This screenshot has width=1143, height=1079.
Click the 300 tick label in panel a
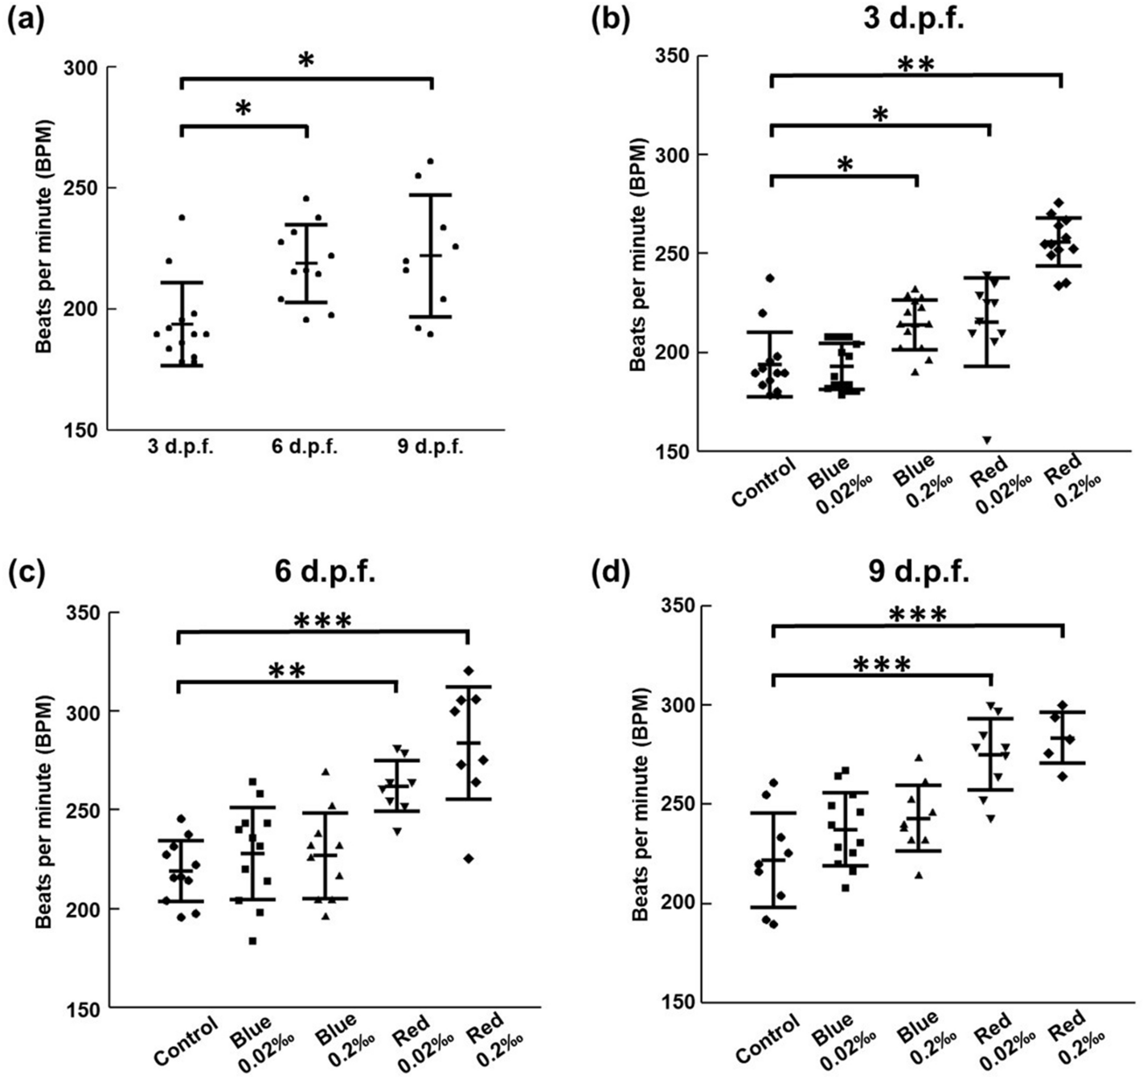pyautogui.click(x=80, y=68)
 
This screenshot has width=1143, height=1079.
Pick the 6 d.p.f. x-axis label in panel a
pyautogui.click(x=306, y=448)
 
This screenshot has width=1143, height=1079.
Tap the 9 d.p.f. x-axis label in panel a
pyautogui.click(x=430, y=448)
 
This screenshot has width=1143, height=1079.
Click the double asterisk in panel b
pyautogui.click(x=916, y=64)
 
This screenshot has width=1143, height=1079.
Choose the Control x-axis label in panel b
pyautogui.click(x=764, y=482)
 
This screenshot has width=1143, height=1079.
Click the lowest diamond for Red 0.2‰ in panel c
pyautogui.click(x=469, y=859)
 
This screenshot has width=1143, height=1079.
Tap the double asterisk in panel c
pyautogui.click(x=286, y=671)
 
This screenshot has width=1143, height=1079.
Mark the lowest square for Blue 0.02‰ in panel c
pyautogui.click(x=252, y=941)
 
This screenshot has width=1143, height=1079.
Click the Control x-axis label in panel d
pyautogui.click(x=768, y=1038)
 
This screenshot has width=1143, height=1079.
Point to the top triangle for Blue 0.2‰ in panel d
pyautogui.click(x=919, y=758)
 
